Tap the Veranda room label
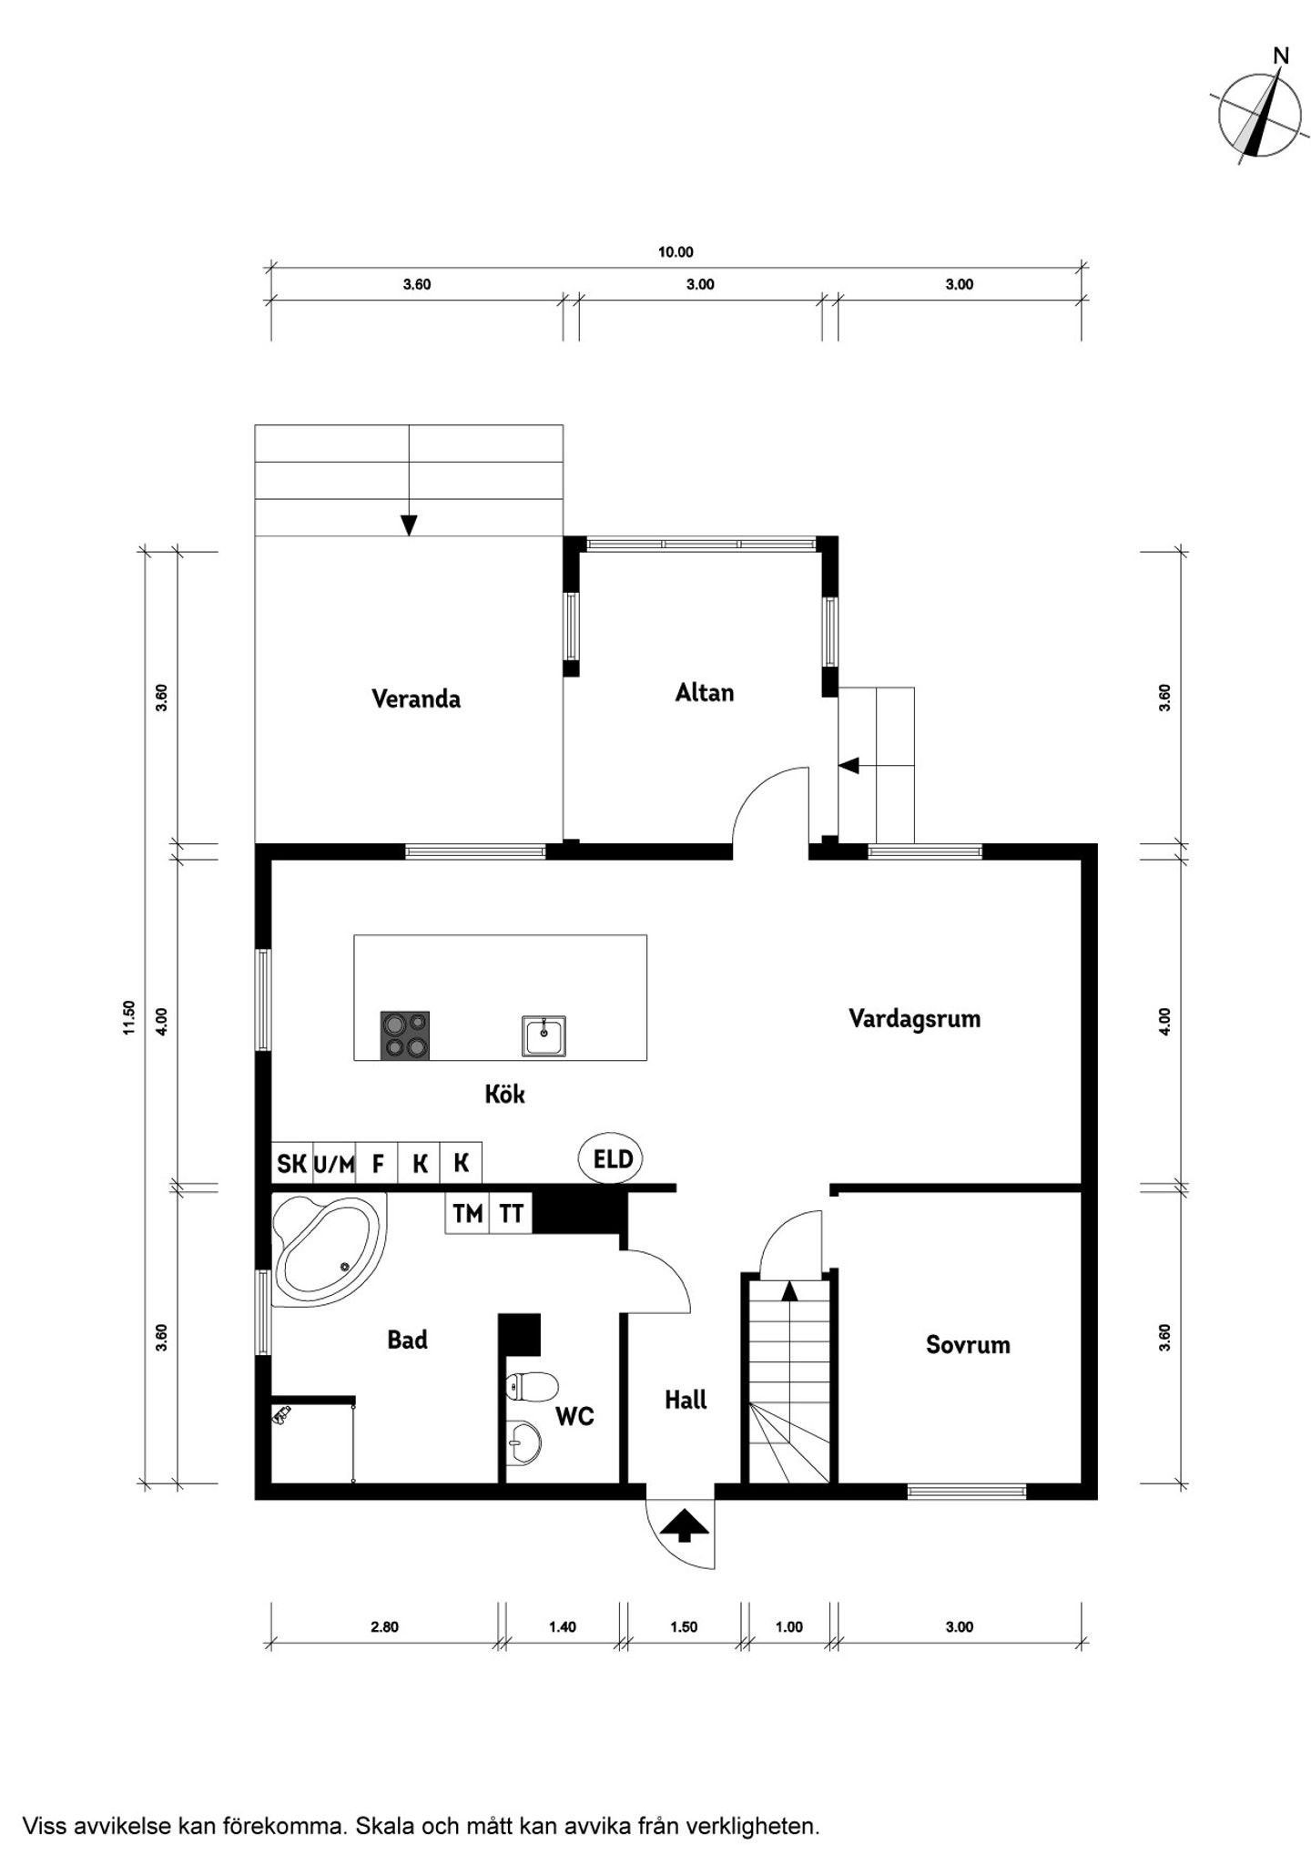coord(416,698)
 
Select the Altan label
coord(704,692)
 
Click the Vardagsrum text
coord(914,1018)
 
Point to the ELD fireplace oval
coord(612,1158)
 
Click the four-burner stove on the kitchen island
coord(404,1035)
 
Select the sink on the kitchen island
coord(544,1035)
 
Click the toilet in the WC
coord(532,1387)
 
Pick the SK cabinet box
coord(291,1163)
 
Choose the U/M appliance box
coord(334,1163)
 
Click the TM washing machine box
coord(467,1213)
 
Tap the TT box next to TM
coord(511,1213)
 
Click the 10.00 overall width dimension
coord(676,252)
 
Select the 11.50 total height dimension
coord(129,1017)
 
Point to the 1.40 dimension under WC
coord(563,1626)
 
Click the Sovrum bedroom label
coord(968,1344)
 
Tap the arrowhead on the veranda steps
coord(409,525)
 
